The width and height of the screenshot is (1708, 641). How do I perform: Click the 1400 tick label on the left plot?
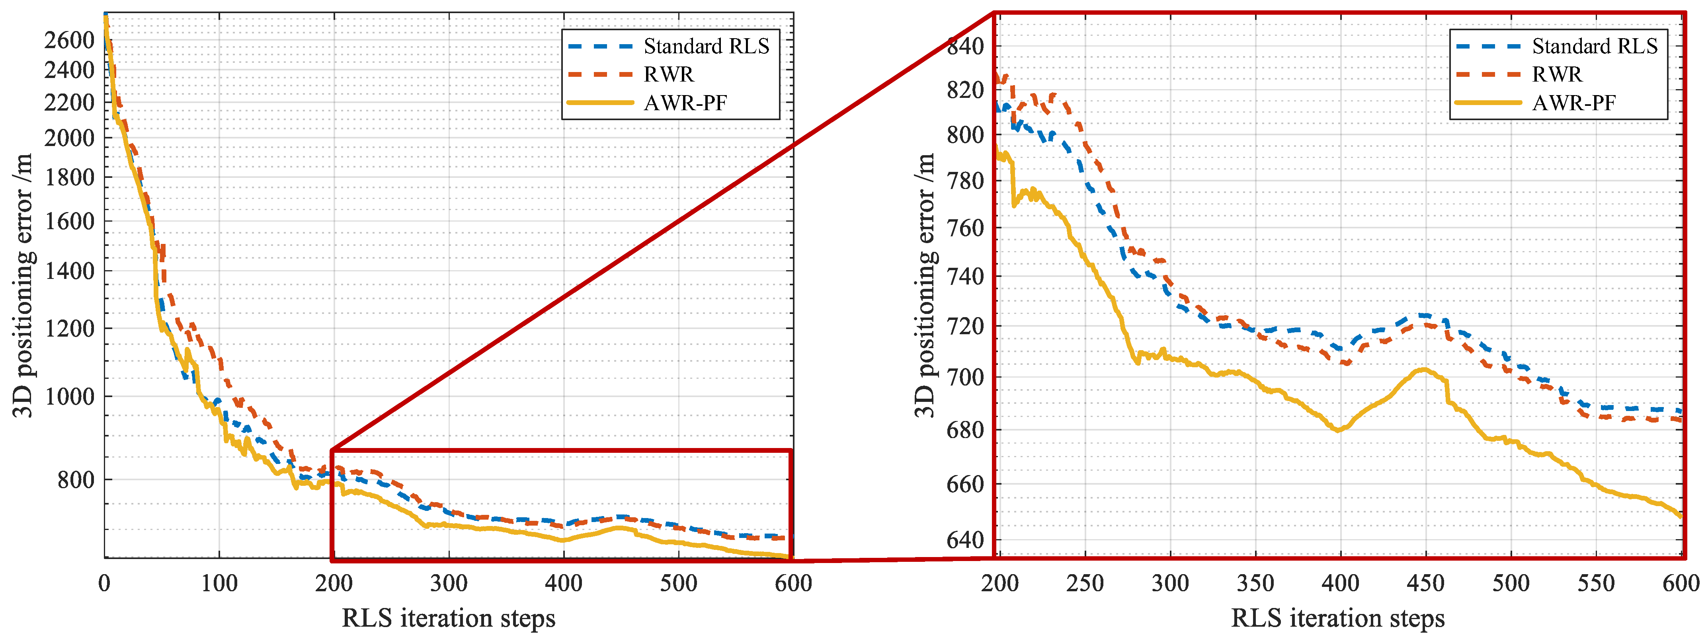pyautogui.click(x=69, y=271)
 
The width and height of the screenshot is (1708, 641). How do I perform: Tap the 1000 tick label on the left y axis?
pyautogui.click(x=69, y=396)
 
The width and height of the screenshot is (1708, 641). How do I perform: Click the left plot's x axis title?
pyautogui.click(x=448, y=618)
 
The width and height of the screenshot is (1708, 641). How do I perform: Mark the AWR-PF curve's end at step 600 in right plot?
pyautogui.click(x=1681, y=516)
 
